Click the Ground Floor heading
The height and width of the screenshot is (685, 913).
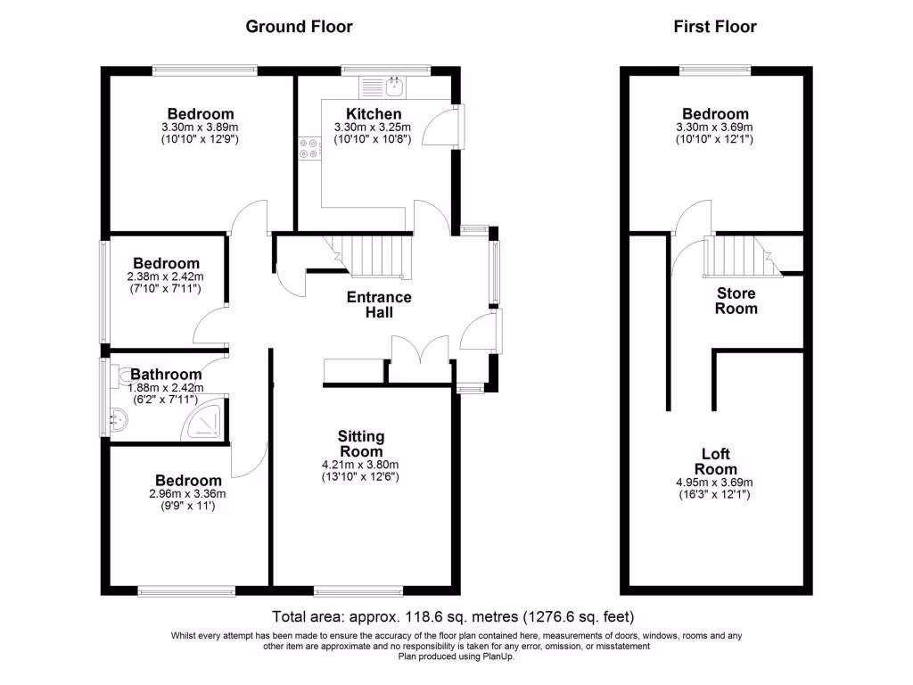299,27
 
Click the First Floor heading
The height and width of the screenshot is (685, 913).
714,27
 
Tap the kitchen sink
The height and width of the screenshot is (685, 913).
394,87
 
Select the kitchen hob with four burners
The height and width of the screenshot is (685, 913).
310,148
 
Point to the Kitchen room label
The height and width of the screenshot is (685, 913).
374,114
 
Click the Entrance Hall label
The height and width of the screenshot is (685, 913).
379,305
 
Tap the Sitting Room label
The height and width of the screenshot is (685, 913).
361,443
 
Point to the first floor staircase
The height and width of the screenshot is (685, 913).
738,256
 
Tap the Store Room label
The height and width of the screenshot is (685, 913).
736,301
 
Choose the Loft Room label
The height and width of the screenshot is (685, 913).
716,462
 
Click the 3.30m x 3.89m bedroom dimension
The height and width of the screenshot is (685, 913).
201,128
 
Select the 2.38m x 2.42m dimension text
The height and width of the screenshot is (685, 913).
167,276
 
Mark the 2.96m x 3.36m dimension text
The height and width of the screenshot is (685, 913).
187,494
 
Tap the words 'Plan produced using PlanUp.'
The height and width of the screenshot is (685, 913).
456,657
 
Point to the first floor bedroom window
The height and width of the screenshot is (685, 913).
714,68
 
